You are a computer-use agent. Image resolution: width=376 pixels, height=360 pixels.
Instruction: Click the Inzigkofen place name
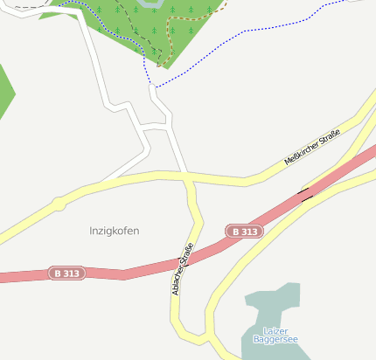point(115,231)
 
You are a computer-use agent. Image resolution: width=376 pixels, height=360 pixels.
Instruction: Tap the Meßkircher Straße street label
point(311,149)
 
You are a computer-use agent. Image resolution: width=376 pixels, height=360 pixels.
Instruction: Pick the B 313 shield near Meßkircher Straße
point(244,232)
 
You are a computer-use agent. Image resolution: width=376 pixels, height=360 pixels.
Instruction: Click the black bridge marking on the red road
point(306,194)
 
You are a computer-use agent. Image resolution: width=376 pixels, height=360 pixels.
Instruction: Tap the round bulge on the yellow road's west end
point(58,204)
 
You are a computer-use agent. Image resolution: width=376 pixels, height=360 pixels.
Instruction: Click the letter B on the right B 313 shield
point(234,232)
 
